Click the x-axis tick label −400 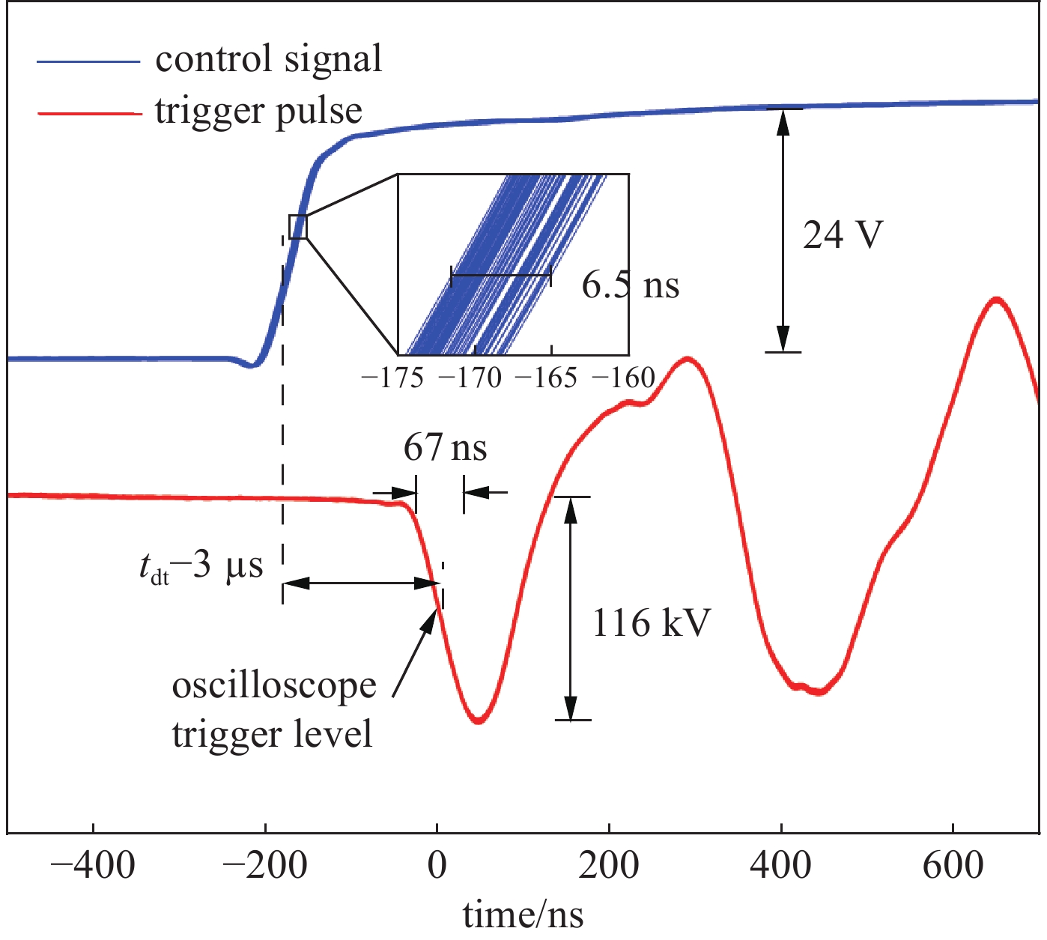point(93,866)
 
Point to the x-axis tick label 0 point(437,866)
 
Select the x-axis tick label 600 point(953,866)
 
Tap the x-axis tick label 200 point(609,866)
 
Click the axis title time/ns point(523,915)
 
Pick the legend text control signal point(268,58)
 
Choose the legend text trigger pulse point(258,111)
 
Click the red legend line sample point(88,113)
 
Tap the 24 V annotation point(843,235)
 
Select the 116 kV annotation point(651,622)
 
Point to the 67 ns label point(445,448)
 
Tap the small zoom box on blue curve point(298,226)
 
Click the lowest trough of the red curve point(479,721)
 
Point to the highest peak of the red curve point(996,299)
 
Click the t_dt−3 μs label point(201,567)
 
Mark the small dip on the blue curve point(252,366)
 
